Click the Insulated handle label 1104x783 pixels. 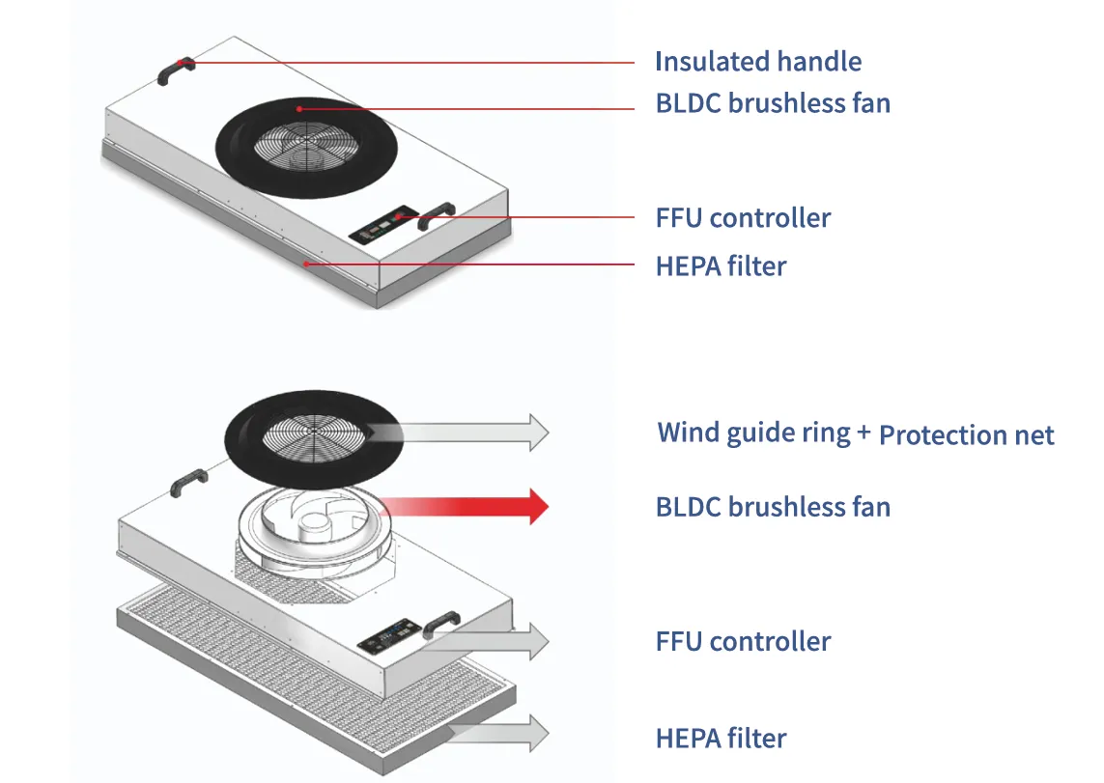click(758, 63)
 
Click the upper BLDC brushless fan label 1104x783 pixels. click(773, 102)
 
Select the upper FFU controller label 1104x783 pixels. click(743, 218)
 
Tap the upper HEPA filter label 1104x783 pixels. click(721, 266)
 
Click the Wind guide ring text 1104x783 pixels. click(753, 433)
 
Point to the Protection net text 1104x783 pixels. click(966, 435)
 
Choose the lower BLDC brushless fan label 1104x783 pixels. click(773, 507)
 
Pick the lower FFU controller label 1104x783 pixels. click(743, 642)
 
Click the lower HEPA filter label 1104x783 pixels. click(721, 740)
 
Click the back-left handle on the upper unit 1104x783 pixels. click(177, 70)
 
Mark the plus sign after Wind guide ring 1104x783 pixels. click(864, 432)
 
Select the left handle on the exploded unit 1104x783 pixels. click(189, 482)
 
